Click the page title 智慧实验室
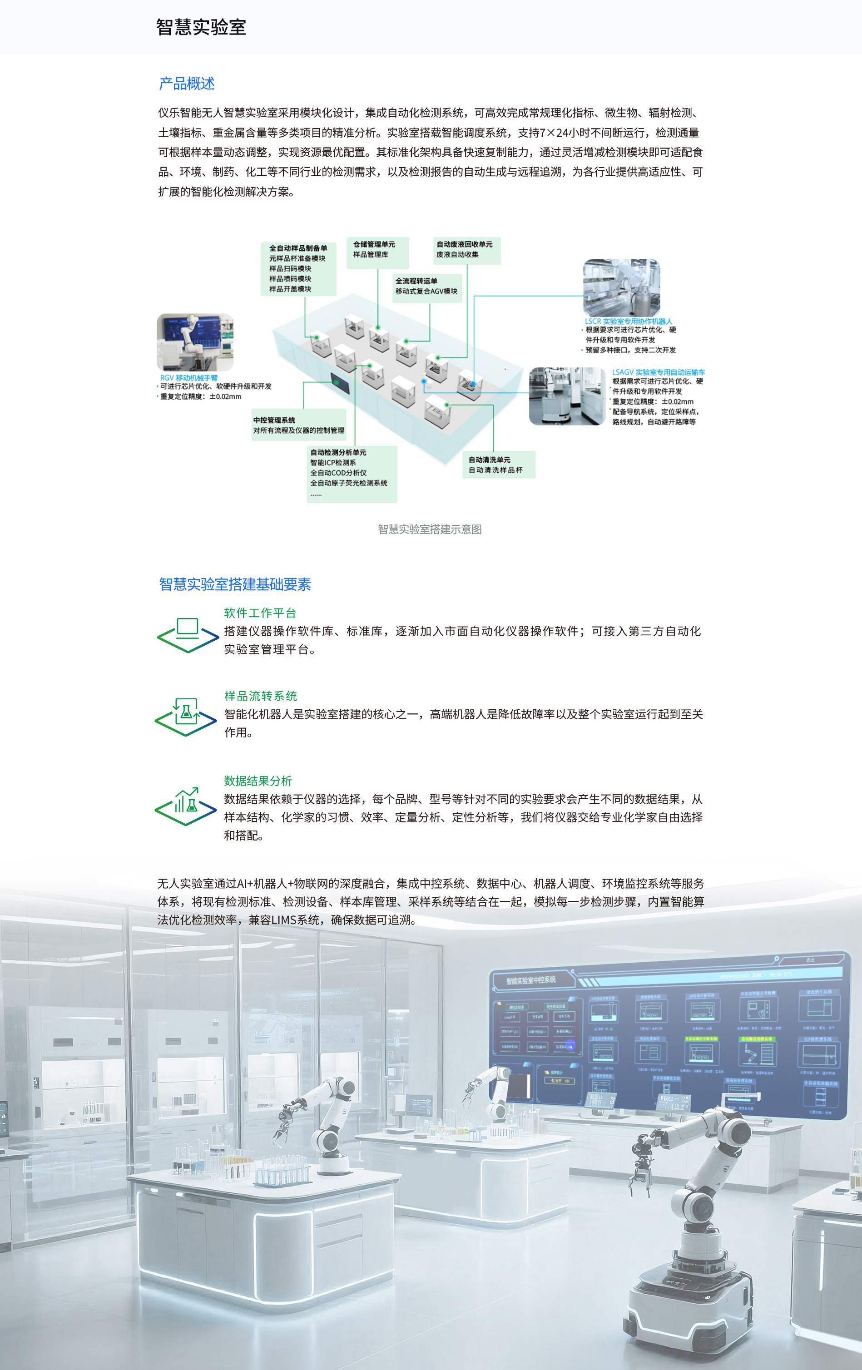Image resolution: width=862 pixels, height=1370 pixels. tap(201, 27)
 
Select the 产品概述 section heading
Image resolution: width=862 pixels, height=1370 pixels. tap(187, 84)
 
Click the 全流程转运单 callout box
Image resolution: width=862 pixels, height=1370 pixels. tap(427, 287)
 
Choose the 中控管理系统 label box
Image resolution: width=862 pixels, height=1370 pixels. tap(299, 425)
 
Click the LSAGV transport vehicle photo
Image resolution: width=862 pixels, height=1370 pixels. tap(567, 396)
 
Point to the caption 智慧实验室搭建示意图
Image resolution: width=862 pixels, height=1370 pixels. tap(430, 529)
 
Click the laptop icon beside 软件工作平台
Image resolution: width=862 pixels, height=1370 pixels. tap(187, 634)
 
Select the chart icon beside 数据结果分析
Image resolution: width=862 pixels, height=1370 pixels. tap(185, 805)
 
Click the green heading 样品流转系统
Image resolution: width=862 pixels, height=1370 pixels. tap(261, 696)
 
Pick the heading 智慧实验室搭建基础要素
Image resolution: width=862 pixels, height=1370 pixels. tap(235, 584)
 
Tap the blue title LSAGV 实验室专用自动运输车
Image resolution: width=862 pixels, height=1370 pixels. tap(658, 372)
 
